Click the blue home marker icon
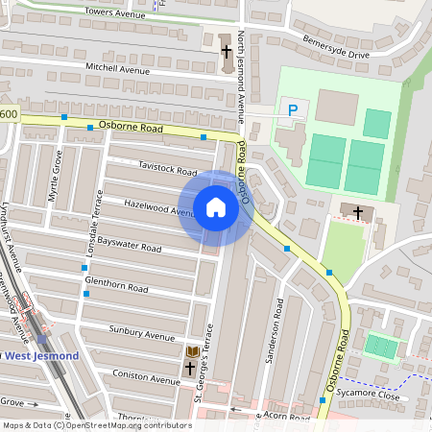216,207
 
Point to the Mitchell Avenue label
118,70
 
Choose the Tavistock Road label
168,169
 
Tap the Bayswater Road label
130,247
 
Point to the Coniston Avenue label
146,377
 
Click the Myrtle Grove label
54,183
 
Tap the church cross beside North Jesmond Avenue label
227,51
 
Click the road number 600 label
9,114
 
